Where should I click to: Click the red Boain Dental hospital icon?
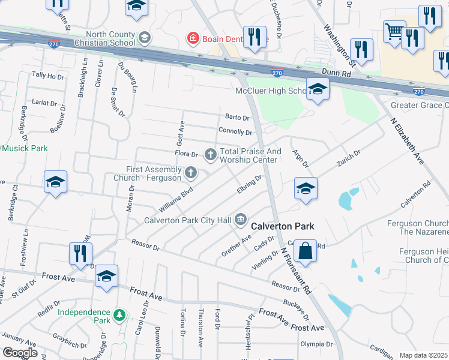193,39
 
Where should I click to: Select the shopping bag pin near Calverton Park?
306,251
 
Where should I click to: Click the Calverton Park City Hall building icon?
241,220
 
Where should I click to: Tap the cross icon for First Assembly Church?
191,173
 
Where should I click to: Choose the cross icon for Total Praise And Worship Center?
211,155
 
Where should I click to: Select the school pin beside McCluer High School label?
318,90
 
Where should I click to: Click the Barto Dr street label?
237,117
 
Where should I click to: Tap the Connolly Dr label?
235,131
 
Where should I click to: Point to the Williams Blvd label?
176,200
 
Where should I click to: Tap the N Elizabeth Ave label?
407,144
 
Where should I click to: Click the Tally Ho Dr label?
47,76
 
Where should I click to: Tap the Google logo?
20,353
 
